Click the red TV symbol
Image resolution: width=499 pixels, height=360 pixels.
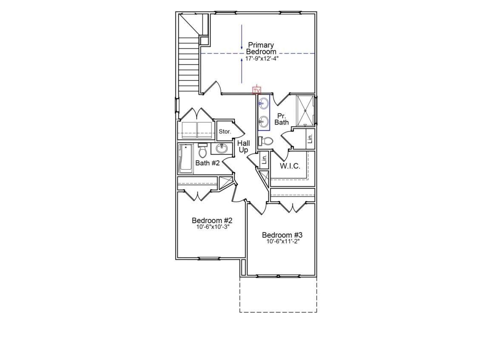pos(257,91)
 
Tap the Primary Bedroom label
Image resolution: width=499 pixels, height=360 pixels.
pos(261,48)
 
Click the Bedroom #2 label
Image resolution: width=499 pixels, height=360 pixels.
pos(212,221)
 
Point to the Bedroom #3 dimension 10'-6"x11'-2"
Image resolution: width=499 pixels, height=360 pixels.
pos(283,241)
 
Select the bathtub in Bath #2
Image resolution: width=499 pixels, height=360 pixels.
pos(185,159)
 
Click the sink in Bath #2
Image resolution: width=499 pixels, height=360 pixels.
pos(221,148)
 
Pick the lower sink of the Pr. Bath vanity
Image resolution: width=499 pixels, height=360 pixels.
pos(264,122)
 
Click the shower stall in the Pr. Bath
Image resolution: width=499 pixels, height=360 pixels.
pos(305,111)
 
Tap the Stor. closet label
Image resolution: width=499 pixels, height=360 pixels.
pos(225,132)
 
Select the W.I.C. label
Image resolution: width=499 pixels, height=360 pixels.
pos(290,166)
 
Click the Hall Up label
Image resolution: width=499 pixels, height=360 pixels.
pos(243,146)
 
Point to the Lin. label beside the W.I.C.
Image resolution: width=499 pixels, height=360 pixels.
pos(264,159)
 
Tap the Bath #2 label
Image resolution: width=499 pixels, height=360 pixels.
pos(207,163)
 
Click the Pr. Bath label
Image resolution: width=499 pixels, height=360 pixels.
pos(281,119)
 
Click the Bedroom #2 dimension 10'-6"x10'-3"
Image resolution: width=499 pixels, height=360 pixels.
pos(212,227)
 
